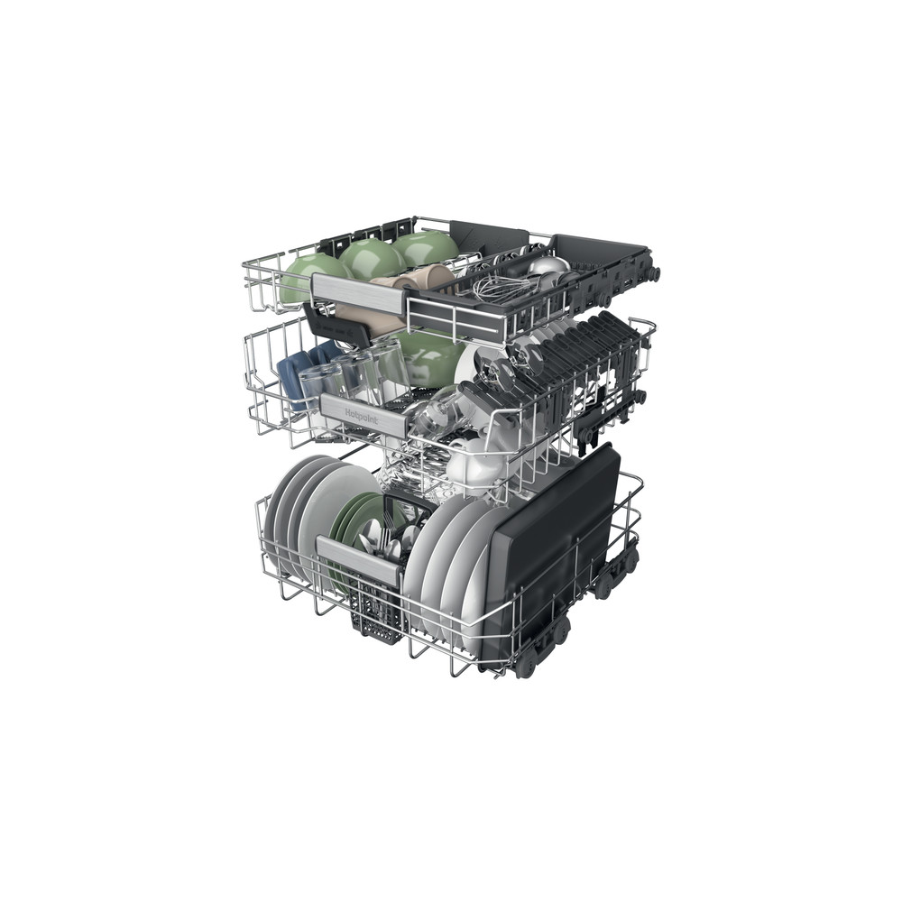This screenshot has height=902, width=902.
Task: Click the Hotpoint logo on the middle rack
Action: [362, 417]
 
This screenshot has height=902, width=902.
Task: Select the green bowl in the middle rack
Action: [431, 356]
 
